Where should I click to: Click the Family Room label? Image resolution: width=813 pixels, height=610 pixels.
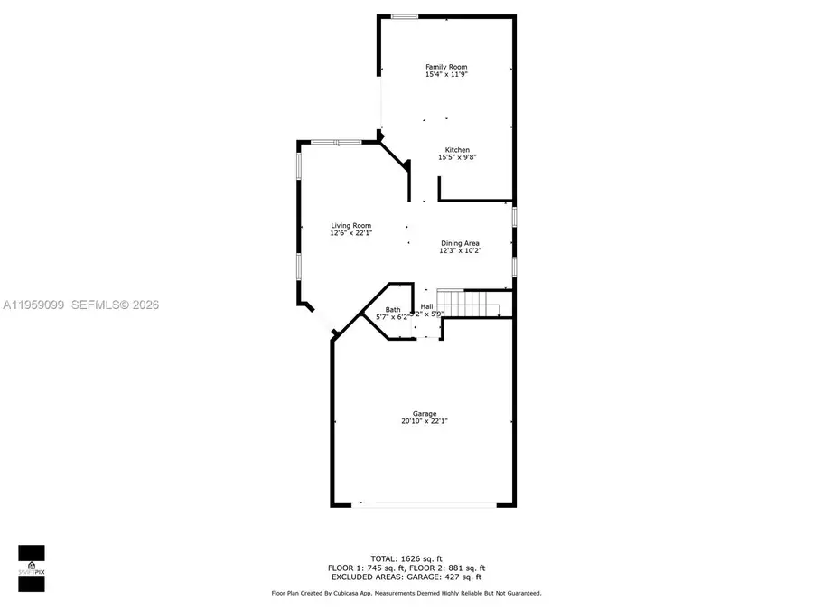[446, 67]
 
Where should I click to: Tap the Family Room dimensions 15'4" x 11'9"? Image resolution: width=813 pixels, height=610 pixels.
[446, 75]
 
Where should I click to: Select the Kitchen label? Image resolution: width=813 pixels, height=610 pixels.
[456, 150]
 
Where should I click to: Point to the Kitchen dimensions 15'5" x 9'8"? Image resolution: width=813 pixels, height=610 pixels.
[456, 158]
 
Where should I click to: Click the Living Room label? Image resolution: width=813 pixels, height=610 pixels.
[350, 226]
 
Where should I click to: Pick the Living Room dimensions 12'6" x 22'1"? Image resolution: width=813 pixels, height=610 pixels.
[350, 234]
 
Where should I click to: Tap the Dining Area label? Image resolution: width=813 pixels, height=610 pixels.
[460, 243]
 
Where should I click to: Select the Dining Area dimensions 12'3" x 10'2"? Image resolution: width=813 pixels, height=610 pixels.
[460, 251]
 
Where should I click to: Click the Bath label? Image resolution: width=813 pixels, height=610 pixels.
[393, 310]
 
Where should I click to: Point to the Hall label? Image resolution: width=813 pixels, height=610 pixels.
[426, 307]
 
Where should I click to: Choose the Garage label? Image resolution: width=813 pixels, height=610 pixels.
[425, 414]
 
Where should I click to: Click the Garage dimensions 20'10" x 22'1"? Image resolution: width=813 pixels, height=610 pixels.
[425, 422]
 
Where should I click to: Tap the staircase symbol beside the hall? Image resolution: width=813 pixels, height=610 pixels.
[467, 304]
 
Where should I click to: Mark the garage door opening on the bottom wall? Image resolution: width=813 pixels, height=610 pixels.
[424, 505]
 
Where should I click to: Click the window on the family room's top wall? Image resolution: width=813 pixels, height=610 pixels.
[404, 16]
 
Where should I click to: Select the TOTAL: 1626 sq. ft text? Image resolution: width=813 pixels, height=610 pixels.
[406, 558]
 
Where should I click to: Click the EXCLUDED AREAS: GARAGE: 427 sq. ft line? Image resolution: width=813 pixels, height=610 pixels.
[406, 577]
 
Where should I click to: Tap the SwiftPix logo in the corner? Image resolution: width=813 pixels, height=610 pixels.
[31, 568]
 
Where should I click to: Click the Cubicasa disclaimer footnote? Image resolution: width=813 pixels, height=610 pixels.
[406, 594]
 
